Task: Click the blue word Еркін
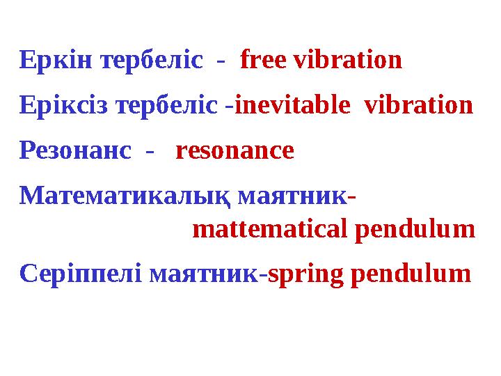(x=58, y=61)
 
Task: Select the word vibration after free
(x=348, y=61)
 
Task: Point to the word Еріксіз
(x=66, y=106)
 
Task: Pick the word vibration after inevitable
(x=419, y=106)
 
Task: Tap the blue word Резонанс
(x=75, y=150)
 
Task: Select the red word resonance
(x=234, y=150)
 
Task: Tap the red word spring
(x=305, y=274)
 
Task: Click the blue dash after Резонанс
(x=147, y=152)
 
